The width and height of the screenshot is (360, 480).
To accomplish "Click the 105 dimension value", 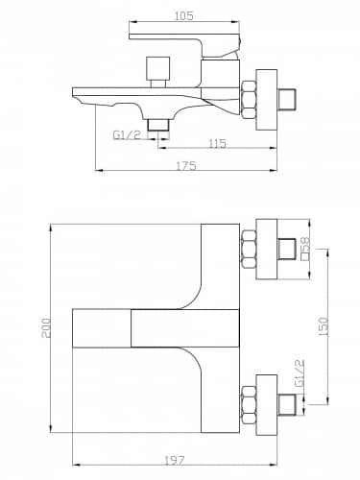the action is (x=183, y=15).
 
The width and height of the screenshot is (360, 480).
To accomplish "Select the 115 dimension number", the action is (x=218, y=143).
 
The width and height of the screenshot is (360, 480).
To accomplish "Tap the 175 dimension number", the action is (x=186, y=166).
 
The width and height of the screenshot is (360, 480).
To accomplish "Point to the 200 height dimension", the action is (x=46, y=328).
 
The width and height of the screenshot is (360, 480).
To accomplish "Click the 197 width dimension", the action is (x=175, y=460).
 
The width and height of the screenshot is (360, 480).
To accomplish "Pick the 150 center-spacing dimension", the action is (x=324, y=326).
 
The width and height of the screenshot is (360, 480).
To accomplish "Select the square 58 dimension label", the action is (x=305, y=249).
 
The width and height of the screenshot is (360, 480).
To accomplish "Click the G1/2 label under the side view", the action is (x=127, y=135).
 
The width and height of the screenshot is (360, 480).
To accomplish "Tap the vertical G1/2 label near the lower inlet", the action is (x=300, y=373).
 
